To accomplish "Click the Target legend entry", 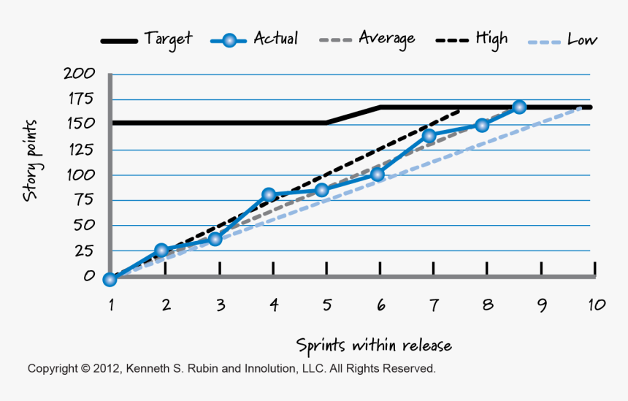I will (x=167, y=39).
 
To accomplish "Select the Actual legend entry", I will (x=275, y=39).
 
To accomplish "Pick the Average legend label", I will (x=386, y=38).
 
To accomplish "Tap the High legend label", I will (x=491, y=38).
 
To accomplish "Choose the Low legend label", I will (x=581, y=39).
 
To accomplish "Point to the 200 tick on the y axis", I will (x=79, y=73).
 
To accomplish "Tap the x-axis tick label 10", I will (x=596, y=305).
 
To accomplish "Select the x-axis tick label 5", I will (x=326, y=305).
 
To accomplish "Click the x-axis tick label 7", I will (x=434, y=305).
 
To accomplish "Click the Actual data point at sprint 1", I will (x=110, y=279).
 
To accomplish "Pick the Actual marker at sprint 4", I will (x=269, y=195).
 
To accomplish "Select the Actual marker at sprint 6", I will (x=378, y=175).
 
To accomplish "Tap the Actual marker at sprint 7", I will (x=429, y=136).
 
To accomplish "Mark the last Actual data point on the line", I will (x=519, y=107).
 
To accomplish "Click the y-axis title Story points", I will (x=31, y=161).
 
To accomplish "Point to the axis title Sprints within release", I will (x=373, y=345).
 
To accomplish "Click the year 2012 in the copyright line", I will (x=107, y=369).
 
